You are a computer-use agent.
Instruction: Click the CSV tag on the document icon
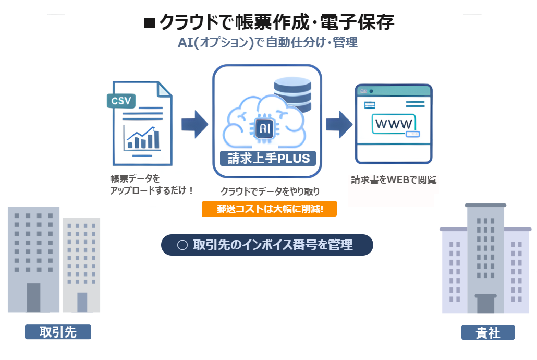(x=121, y=100)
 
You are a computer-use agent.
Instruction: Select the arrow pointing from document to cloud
(x=194, y=124)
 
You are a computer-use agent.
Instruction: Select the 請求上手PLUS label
(x=268, y=158)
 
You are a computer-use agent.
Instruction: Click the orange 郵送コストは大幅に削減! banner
(x=269, y=209)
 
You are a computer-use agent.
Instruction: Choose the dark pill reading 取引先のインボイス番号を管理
(x=267, y=245)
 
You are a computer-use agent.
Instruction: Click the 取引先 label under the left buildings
(x=58, y=332)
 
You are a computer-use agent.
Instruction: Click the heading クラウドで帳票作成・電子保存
(x=277, y=22)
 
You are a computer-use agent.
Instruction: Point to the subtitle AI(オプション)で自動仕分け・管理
(x=267, y=43)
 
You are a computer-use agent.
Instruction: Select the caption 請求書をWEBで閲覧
(x=394, y=180)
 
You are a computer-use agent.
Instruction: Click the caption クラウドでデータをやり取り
(x=270, y=191)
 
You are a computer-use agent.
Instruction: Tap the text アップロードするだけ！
(x=152, y=191)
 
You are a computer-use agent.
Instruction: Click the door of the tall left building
(x=33, y=297)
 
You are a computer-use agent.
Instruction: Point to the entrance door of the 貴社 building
(x=485, y=304)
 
